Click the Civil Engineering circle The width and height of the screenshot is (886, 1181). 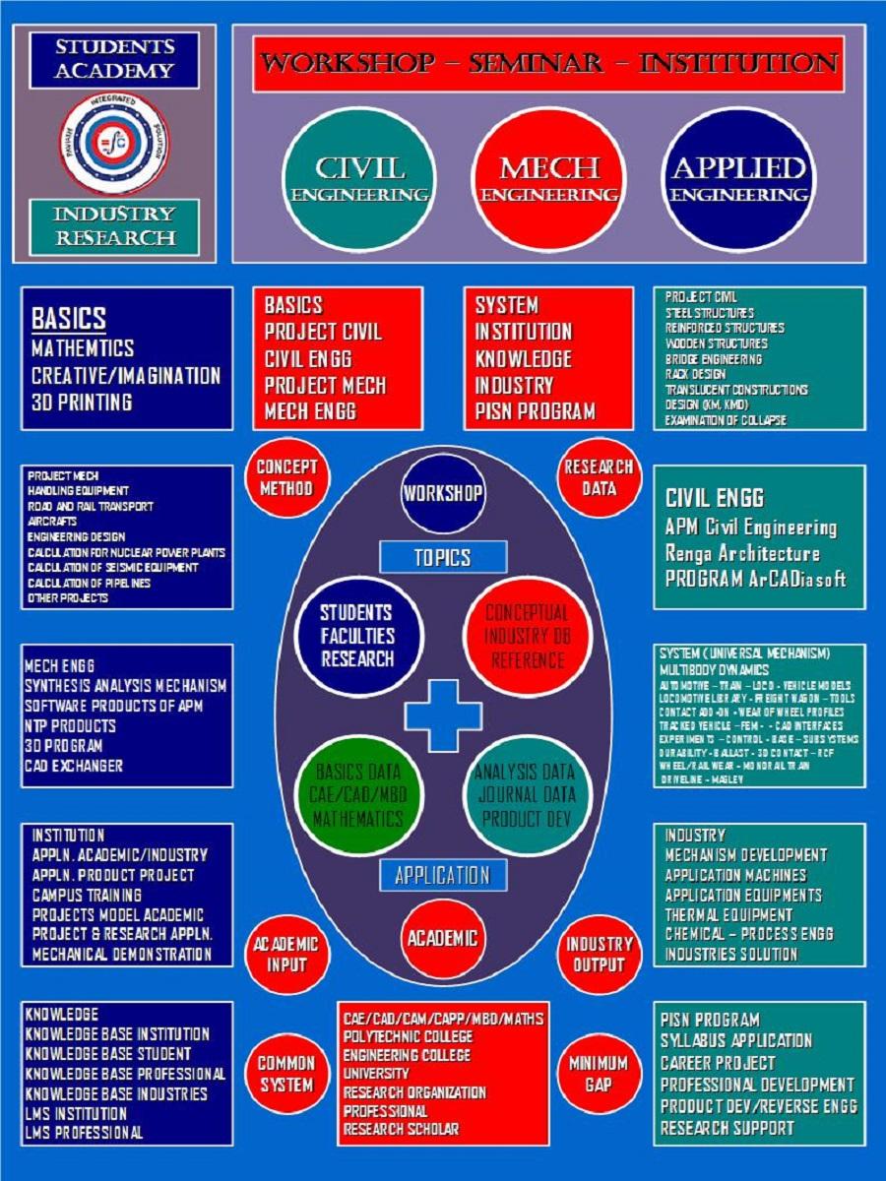click(x=359, y=179)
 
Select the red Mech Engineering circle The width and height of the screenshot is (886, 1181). click(x=548, y=179)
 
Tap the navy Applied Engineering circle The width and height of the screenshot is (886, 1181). click(x=738, y=179)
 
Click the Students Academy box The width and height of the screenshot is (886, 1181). click(x=115, y=59)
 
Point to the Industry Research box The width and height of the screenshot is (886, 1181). click(x=115, y=226)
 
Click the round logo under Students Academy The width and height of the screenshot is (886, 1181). click(x=115, y=143)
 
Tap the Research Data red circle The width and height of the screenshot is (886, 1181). click(x=599, y=477)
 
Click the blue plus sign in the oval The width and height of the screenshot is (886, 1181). click(x=443, y=715)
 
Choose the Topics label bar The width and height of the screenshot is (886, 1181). click(x=443, y=558)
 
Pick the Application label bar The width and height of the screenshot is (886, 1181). click(x=443, y=875)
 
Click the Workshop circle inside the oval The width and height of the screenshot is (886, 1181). click(x=443, y=493)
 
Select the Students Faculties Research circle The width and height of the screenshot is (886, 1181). click(x=356, y=636)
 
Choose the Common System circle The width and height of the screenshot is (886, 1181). click(x=286, y=1074)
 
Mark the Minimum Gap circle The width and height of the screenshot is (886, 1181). click(x=599, y=1074)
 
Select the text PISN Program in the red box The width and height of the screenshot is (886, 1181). click(x=535, y=411)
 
